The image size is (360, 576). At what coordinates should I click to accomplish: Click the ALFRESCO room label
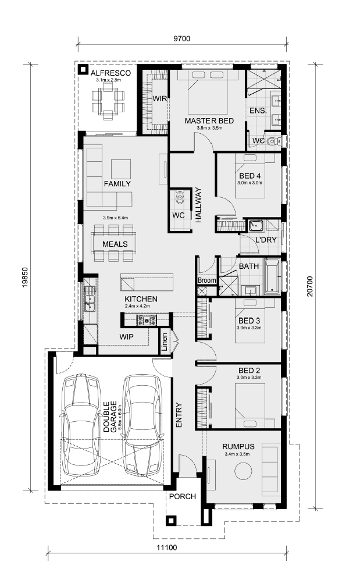pyautogui.click(x=111, y=73)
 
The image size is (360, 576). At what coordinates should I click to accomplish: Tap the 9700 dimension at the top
pyautogui.click(x=182, y=38)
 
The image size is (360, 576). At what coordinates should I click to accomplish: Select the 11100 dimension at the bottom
pyautogui.click(x=167, y=547)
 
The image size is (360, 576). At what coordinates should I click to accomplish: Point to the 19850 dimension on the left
pyautogui.click(x=24, y=277)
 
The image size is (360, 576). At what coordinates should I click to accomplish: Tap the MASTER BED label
pyautogui.click(x=209, y=121)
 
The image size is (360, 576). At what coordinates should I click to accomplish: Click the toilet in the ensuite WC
pyautogui.click(x=272, y=141)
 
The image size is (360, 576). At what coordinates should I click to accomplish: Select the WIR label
pyautogui.click(x=160, y=98)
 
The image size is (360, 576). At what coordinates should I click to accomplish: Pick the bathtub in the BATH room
pyautogui.click(x=272, y=276)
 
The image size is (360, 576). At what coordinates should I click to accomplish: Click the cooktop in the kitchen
pyautogui.click(x=146, y=320)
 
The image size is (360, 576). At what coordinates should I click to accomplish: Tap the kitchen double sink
pyautogui.click(x=89, y=298)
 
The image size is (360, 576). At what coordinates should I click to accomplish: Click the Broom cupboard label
pyautogui.click(x=207, y=280)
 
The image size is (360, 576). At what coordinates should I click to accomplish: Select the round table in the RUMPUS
pyautogui.click(x=243, y=471)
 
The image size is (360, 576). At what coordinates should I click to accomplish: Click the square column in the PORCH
pyautogui.click(x=170, y=521)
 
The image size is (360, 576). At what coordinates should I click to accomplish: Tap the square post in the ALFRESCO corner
pyautogui.click(x=83, y=69)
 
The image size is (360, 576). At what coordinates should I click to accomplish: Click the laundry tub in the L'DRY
pyautogui.click(x=255, y=225)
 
